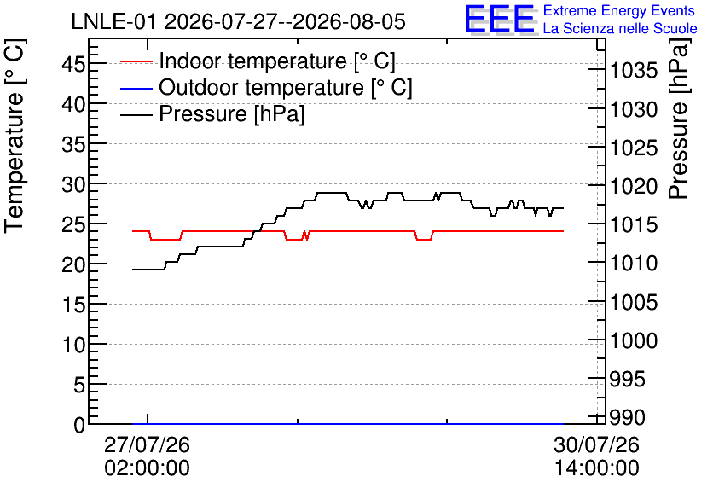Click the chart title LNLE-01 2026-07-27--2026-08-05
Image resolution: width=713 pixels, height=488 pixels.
pos(238,21)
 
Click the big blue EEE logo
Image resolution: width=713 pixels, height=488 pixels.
pos(500,19)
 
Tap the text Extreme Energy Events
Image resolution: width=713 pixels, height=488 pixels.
pos(619,10)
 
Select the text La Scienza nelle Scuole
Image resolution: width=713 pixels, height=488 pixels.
pos(620,28)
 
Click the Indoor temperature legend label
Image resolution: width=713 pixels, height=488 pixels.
pos(277,61)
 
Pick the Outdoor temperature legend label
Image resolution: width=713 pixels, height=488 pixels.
pos(286,87)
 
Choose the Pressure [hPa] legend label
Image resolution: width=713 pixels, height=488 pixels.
pos(231,113)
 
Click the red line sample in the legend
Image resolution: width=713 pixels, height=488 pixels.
pos(136,61)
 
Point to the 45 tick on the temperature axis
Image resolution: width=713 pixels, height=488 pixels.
pos(73,63)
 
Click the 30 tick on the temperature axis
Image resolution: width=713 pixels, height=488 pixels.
pos(73,183)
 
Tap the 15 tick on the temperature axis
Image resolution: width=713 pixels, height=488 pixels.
pos(73,305)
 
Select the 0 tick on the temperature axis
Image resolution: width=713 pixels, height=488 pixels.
pos(79,425)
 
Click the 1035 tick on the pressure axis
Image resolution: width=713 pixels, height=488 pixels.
pos(634,71)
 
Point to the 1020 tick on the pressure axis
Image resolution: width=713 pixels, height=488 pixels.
pos(634,186)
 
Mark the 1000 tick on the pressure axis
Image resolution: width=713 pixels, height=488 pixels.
pos(634,340)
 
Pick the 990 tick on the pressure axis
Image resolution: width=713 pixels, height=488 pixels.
pos(627,417)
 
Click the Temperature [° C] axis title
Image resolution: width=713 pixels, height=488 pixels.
pos(14,137)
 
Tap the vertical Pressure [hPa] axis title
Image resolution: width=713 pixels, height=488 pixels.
pos(679,119)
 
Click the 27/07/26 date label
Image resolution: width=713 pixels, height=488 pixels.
pos(147,444)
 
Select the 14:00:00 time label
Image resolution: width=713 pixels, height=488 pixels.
pos(597,468)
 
